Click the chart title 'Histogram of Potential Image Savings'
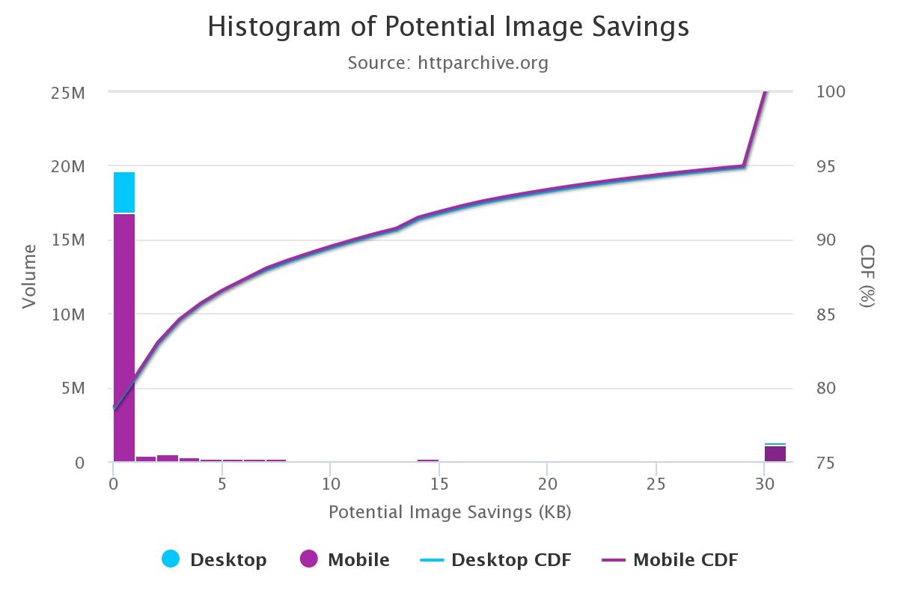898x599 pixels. coord(448,28)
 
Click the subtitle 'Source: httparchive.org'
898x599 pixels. coord(448,63)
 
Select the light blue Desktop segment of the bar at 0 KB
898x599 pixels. coord(124,192)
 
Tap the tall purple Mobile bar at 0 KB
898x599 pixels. coord(124,337)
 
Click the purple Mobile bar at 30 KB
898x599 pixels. coord(775,454)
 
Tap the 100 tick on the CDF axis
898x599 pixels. coord(831,92)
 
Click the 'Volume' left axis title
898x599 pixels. coord(29,276)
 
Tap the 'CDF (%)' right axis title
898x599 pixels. coord(867,276)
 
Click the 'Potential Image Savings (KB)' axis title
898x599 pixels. coord(450,513)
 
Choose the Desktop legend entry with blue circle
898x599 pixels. coord(214,559)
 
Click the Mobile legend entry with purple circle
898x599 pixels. coord(345,559)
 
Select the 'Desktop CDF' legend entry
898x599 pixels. coord(501,559)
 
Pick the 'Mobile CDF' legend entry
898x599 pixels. coord(670,559)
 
